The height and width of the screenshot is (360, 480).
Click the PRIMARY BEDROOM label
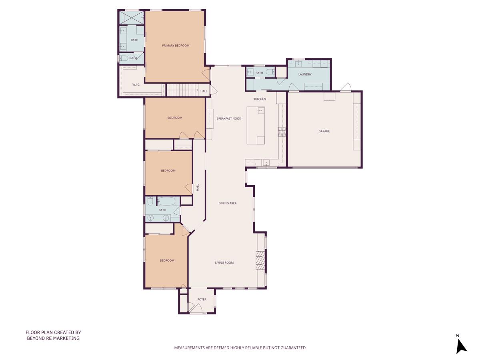176,46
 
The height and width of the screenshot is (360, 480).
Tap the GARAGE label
324,131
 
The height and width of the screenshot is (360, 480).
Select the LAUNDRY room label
305,74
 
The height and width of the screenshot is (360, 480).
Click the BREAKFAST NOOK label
229,118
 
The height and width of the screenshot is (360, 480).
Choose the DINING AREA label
227,203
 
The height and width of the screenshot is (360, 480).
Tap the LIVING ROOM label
224,263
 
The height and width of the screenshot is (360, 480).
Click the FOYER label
202,300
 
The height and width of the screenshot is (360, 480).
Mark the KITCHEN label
260,99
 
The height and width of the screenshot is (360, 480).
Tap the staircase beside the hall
182,90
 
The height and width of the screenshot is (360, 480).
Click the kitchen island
256,125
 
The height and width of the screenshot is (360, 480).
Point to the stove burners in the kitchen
282,132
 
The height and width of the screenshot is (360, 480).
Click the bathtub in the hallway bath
168,201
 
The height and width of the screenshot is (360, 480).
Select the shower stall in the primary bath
132,18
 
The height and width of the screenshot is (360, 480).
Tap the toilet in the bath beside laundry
269,72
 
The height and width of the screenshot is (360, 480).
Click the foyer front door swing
195,308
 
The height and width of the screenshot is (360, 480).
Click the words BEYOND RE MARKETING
53,338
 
